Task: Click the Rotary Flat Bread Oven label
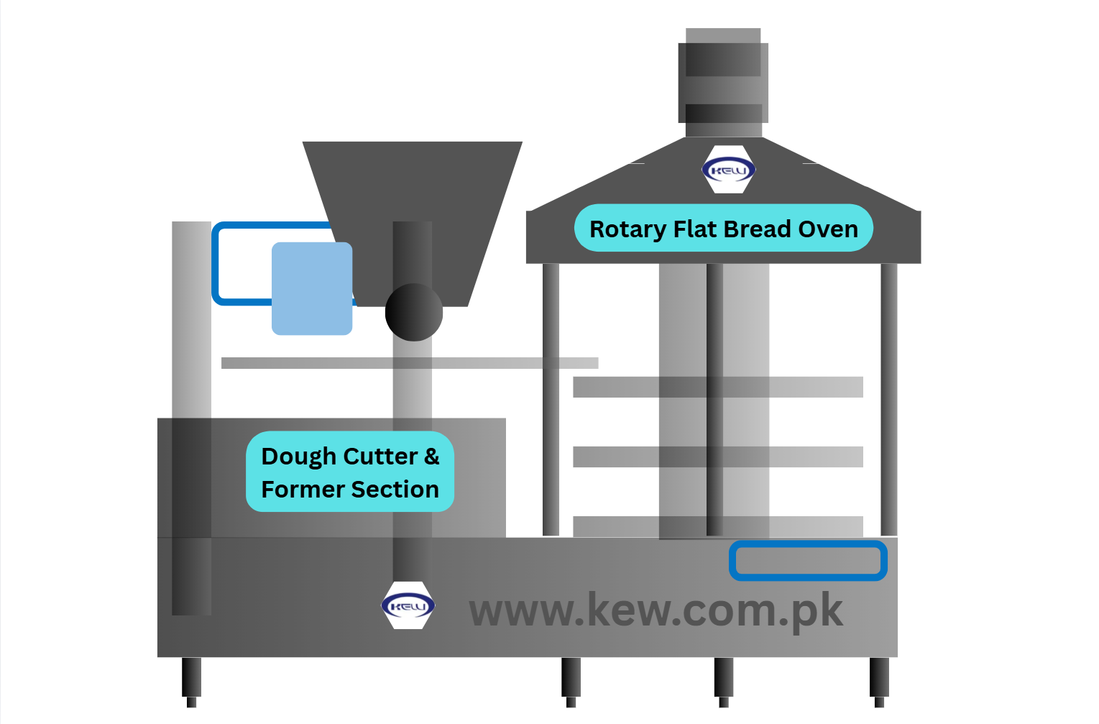click(723, 228)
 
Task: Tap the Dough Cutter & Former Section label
click(349, 472)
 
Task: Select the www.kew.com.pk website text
click(656, 610)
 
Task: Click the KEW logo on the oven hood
click(728, 170)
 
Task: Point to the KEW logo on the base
click(408, 605)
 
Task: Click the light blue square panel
click(312, 288)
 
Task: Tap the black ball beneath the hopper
click(413, 312)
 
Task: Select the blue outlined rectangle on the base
click(808, 561)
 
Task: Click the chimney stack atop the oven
click(723, 83)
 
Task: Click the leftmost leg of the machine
click(191, 681)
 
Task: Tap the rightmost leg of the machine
click(879, 681)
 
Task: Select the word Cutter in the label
click(380, 456)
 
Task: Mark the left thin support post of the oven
click(551, 399)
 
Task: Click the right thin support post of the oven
click(889, 399)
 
